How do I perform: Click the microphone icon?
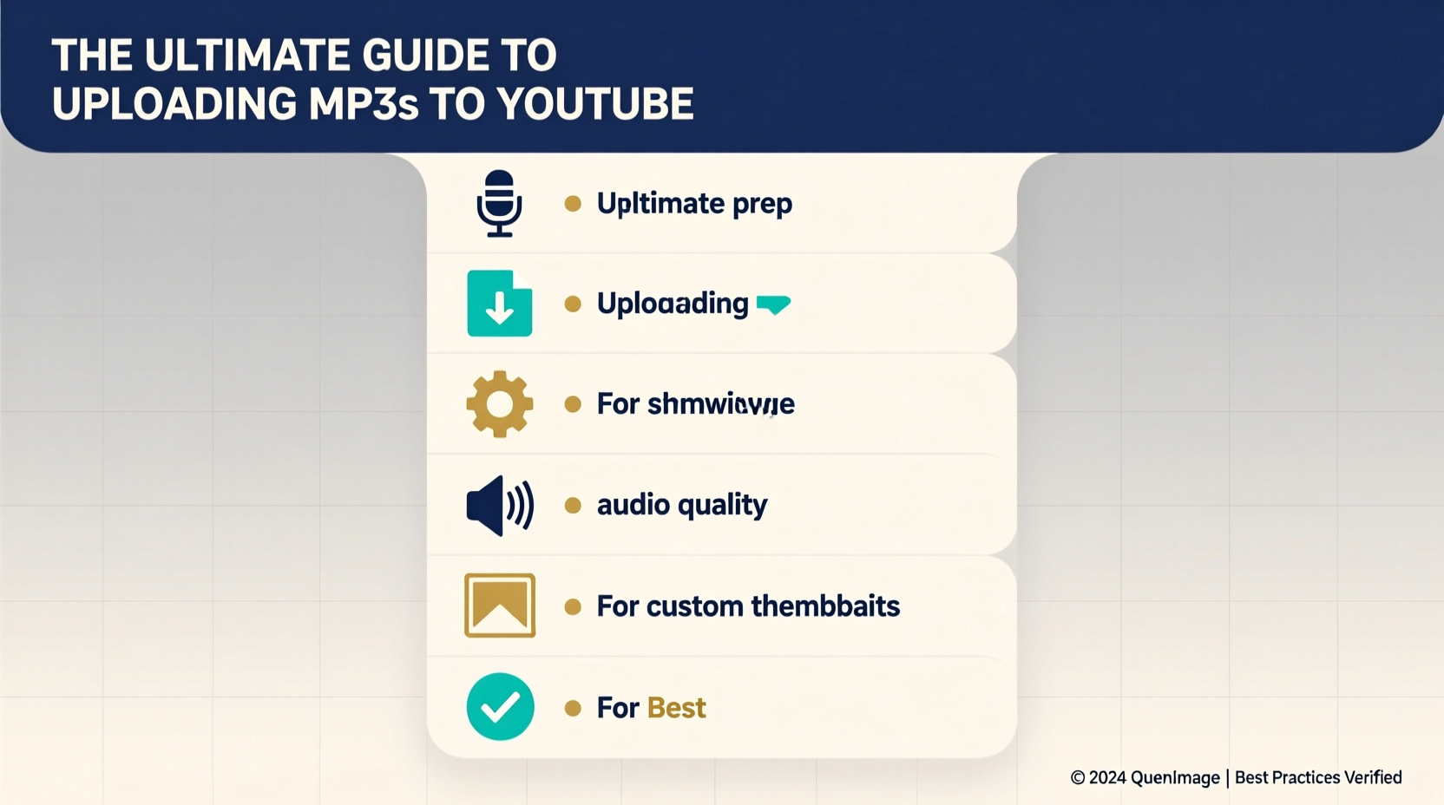coord(499,204)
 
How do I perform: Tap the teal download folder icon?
coord(499,304)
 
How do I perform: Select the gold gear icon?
coord(499,404)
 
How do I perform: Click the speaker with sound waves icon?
coord(499,505)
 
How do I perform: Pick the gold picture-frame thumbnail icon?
coord(499,605)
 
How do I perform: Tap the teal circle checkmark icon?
coord(500,707)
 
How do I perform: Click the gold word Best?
coord(676,708)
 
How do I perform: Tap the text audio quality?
coord(682,505)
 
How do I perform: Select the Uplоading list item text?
coord(673,304)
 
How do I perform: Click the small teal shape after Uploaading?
coord(773,304)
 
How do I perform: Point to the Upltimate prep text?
coord(694,204)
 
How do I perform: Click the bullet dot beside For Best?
coord(573,708)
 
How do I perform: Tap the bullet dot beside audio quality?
coord(573,505)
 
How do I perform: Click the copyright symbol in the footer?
coord(1078,778)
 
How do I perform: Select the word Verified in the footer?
coord(1372,777)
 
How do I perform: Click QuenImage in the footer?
coord(1175,778)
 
